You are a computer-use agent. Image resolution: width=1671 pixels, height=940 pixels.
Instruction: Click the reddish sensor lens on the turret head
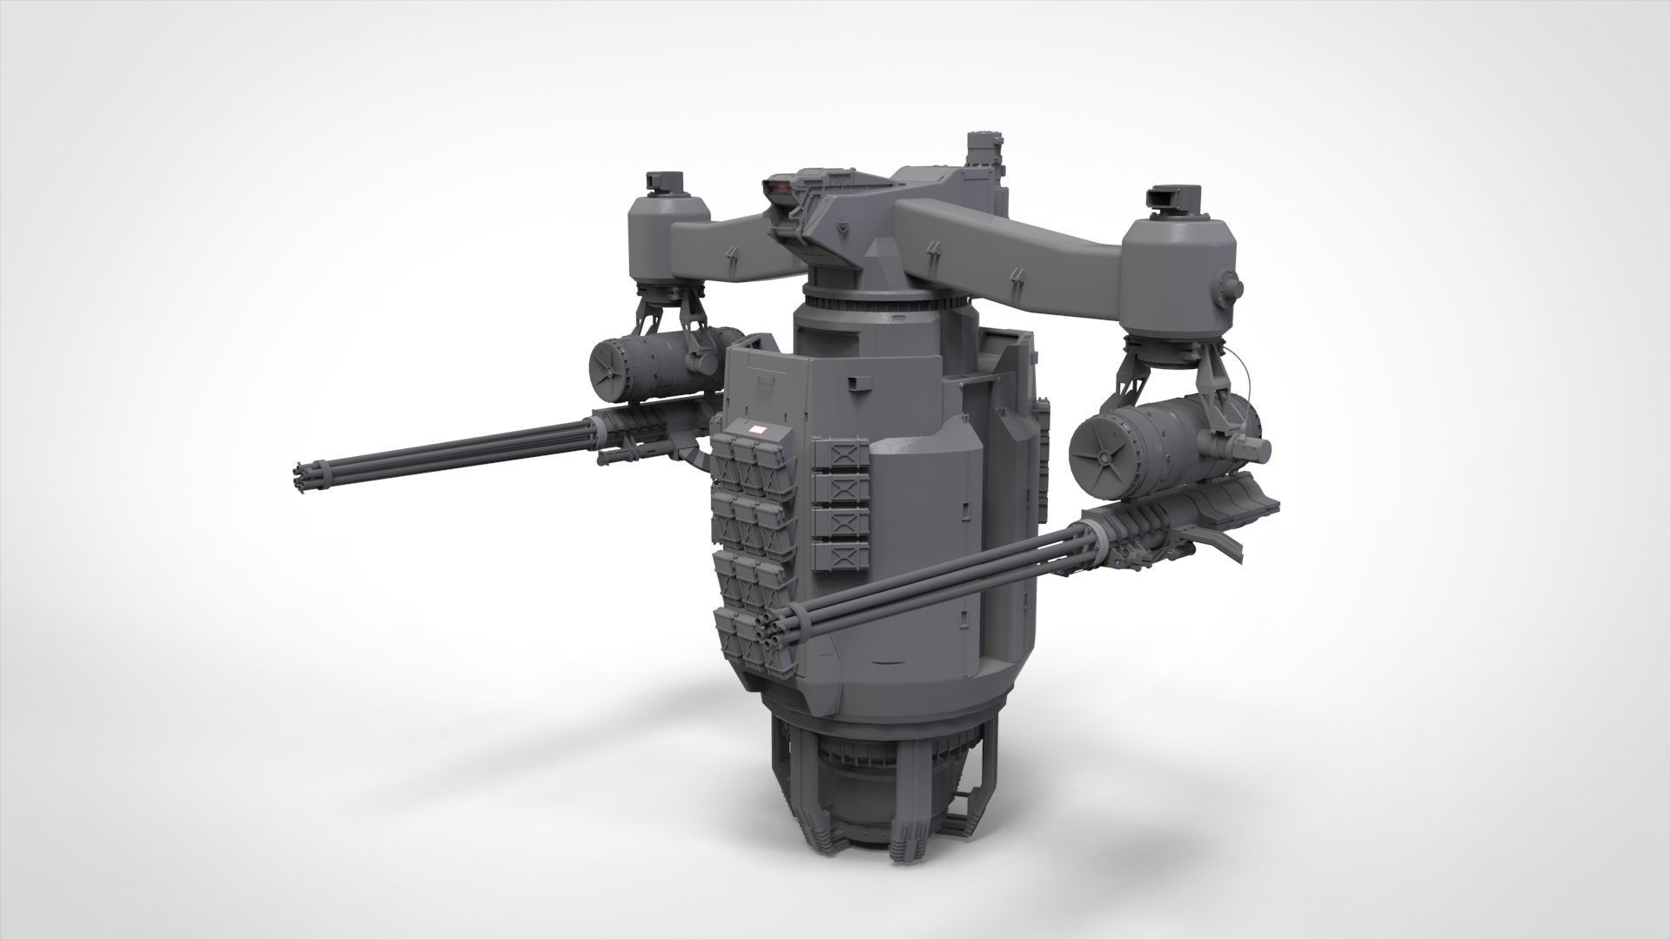[x=777, y=185]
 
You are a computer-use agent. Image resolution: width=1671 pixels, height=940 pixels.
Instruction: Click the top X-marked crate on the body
[x=840, y=454]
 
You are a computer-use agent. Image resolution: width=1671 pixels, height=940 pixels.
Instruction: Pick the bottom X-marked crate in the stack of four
[x=840, y=553]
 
